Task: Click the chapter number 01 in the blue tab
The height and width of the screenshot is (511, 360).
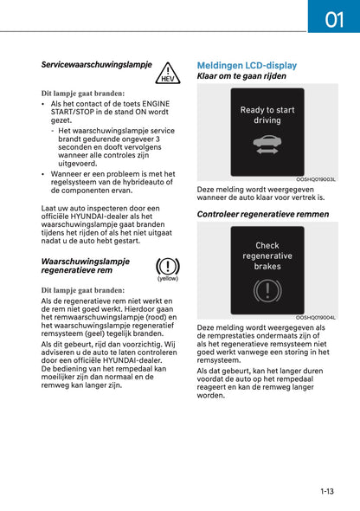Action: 334,17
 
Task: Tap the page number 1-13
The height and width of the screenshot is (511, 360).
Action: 327,491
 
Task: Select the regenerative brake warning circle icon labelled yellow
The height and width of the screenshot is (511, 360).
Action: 167,267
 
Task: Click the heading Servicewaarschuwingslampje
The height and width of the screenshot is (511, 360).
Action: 96,65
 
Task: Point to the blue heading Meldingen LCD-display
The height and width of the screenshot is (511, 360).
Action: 247,65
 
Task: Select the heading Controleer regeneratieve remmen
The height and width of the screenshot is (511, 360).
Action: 263,213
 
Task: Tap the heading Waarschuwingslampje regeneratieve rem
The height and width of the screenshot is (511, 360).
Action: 85,265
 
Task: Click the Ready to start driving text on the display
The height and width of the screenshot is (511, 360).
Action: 267,115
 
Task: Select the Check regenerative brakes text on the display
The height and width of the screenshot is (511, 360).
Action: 267,255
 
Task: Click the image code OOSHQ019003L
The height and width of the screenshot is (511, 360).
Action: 315,180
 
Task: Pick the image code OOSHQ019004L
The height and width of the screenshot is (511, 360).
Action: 315,318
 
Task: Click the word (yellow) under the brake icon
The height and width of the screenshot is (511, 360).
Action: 167,279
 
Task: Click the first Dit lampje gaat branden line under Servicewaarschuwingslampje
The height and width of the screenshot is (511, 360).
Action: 82,93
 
